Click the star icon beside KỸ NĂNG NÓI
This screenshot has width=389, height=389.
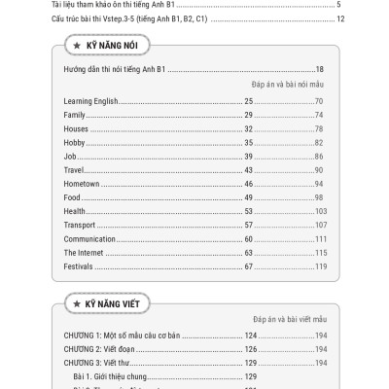tap(75, 47)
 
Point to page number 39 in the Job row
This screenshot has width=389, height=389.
tap(249, 157)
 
